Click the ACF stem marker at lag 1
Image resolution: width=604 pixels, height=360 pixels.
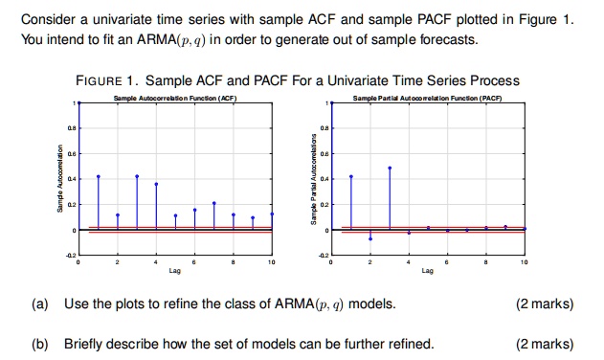[x=98, y=176]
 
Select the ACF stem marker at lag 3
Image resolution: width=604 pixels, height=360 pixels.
[x=137, y=176]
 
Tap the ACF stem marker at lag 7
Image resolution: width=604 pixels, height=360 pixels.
[x=214, y=203]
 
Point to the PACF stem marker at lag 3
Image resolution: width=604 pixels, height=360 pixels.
[x=390, y=168]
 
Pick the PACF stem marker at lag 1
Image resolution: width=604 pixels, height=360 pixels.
[x=351, y=176]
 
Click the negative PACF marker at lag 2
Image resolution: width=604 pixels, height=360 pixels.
[x=370, y=238]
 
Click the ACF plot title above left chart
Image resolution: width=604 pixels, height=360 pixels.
[x=175, y=100]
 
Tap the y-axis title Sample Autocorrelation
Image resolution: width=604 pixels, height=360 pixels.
[x=59, y=177]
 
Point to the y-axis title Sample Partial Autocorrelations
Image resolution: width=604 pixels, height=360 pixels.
[x=312, y=177]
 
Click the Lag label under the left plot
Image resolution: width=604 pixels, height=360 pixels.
[x=175, y=271]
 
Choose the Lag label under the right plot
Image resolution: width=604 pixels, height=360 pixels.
[x=427, y=271]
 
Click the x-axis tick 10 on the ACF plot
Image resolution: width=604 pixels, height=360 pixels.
[x=272, y=261]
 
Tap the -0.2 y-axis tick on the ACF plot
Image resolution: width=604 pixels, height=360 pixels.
[x=70, y=254]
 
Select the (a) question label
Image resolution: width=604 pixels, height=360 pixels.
[x=39, y=304]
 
